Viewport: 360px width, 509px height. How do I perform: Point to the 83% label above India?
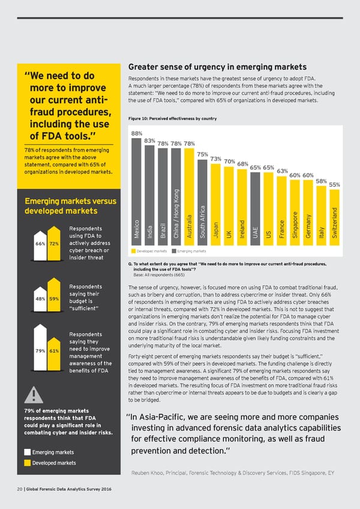149,140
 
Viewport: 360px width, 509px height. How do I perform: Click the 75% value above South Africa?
202,153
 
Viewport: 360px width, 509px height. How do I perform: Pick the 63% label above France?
282,171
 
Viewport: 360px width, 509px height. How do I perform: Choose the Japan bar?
215,204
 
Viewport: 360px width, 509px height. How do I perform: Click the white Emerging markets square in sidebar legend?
28,451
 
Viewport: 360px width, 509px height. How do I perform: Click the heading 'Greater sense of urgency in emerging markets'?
217,67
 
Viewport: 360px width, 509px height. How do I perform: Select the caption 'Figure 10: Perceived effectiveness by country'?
172,118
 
